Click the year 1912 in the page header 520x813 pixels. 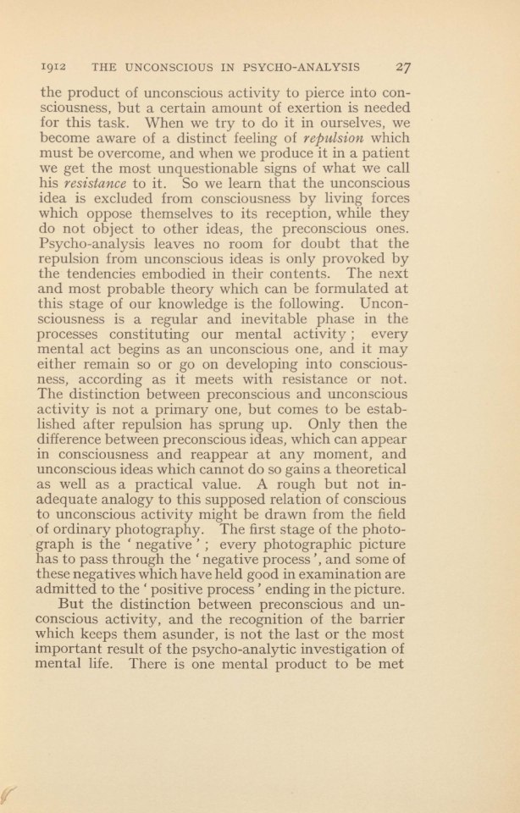(55, 65)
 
